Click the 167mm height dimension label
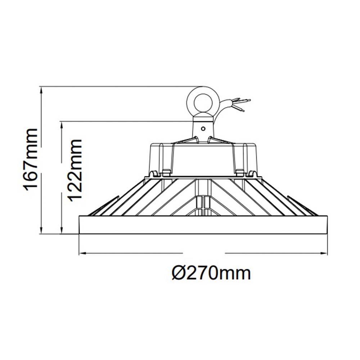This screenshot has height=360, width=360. [30, 159]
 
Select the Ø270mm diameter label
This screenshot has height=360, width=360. [211, 274]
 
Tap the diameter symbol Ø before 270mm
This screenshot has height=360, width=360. [179, 274]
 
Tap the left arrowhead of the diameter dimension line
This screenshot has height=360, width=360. [81, 253]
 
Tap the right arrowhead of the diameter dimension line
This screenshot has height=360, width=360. [325, 253]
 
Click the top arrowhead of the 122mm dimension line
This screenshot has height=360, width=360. [62, 124]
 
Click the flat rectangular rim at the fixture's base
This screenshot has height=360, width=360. [203, 225]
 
